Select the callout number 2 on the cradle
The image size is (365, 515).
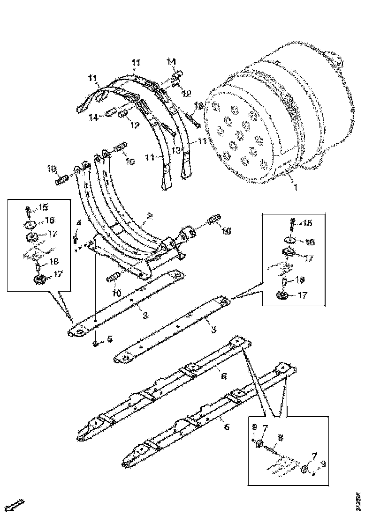point(149,216)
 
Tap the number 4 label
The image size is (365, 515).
point(79,223)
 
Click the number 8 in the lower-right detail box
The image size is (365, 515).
point(280,437)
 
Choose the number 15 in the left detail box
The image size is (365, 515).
point(44,207)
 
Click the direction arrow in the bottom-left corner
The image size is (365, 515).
point(16,505)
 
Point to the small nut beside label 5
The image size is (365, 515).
point(95,345)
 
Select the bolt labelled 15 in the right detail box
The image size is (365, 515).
point(292,225)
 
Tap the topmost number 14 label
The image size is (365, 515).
point(172,61)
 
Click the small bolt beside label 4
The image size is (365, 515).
point(75,240)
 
